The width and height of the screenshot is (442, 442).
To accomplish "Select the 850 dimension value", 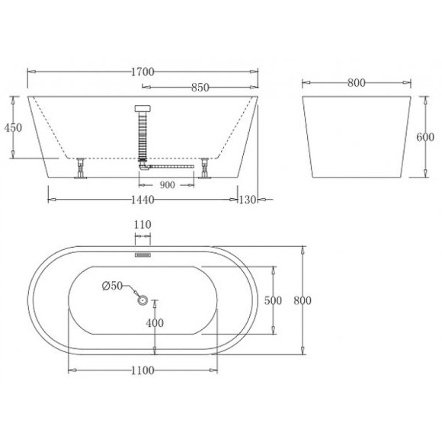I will (x=200, y=88).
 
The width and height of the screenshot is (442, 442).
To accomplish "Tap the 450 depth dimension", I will (x=12, y=128).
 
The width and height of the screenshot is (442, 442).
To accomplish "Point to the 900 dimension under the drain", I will (x=168, y=184).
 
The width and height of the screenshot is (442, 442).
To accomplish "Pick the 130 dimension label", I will (x=248, y=200).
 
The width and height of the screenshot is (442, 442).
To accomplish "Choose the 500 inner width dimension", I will (x=272, y=300).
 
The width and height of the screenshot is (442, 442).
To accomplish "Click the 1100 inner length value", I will (x=143, y=370).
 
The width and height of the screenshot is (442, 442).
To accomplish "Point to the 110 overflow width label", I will (x=143, y=225).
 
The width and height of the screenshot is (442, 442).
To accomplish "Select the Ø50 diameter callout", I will (x=112, y=286).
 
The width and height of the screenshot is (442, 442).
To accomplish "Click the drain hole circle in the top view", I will (x=143, y=300).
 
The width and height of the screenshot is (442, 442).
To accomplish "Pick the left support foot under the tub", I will (x=80, y=169).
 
